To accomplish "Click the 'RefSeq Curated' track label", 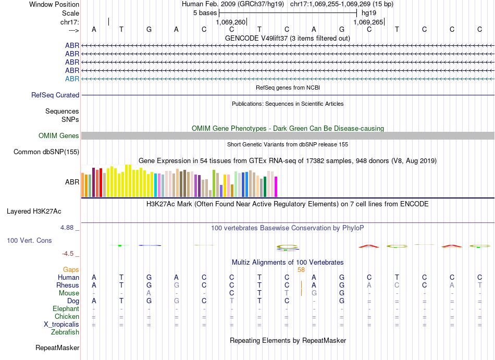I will coord(55,95).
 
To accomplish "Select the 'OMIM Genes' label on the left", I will coord(59,136).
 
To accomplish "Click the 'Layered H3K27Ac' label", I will coord(34,212).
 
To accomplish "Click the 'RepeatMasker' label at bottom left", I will coord(57,347).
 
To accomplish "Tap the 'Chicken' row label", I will coord(67,316).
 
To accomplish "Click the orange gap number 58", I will coord(301,269).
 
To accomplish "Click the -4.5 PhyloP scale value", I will coord(69,254).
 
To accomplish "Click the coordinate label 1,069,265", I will coord(368,22).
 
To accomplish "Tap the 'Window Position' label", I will coord(54,4).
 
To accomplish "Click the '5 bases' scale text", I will coord(205,13).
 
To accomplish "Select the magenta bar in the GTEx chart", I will coord(276,187).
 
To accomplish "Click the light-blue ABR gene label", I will coord(72,79).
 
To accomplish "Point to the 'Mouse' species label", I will coord(69,293).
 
